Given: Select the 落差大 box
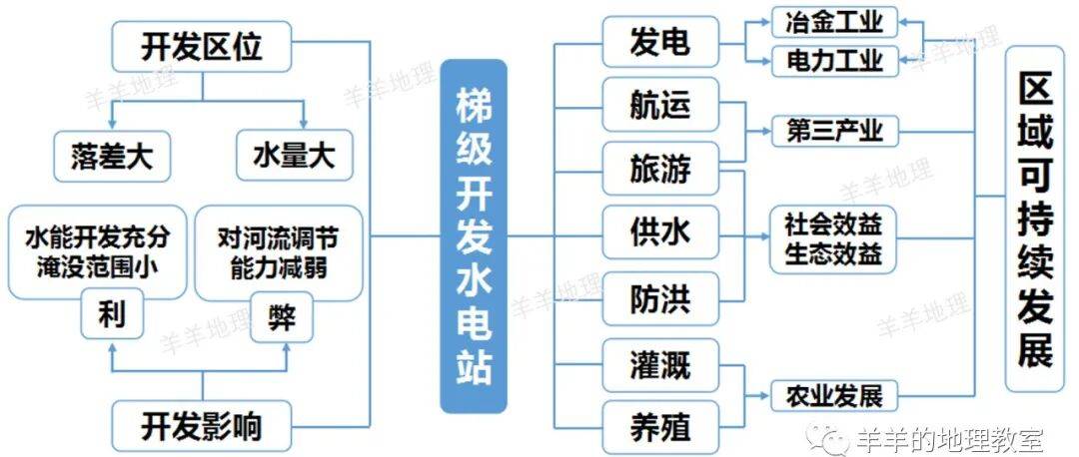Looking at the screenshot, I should pos(111,157).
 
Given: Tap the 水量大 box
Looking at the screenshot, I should pos(294,157).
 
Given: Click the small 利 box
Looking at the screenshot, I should pos(111,316).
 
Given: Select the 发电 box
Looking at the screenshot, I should pos(659,42).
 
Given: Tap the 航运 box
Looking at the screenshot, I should pos(659,104).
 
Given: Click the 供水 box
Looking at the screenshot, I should pos(659,233).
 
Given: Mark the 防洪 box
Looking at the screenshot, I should pos(659,298).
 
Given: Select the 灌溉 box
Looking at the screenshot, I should pos(659,365).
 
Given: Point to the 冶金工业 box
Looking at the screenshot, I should pos(834,21).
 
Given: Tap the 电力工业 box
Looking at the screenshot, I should pos(834,61).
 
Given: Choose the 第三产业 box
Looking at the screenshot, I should pos(834,131).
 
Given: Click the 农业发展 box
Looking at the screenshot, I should pos(834,395).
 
